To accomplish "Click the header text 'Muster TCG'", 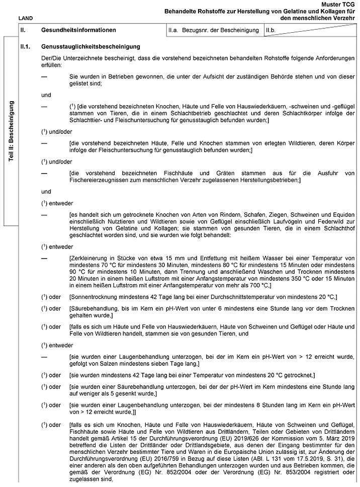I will click(340, 4).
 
